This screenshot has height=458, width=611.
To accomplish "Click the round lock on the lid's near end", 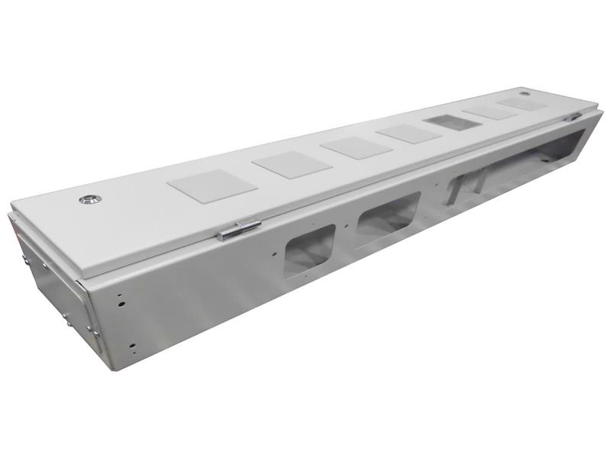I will coord(89,199).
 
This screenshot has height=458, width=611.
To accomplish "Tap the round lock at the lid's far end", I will coord(525,94).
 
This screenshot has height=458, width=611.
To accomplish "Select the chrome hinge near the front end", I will coord(238,230).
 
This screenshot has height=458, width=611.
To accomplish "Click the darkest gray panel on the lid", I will coord(453,122).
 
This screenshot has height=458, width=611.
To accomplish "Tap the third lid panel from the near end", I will coord(356,147).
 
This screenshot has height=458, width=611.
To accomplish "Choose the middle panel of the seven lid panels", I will coord(409,134).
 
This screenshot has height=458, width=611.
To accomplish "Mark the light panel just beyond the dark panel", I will coord(490,111).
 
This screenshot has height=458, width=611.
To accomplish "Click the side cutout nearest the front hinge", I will coord(309,250).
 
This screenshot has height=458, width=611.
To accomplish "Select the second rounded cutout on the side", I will coord(388,215).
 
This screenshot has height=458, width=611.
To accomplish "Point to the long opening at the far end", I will coord(519,160).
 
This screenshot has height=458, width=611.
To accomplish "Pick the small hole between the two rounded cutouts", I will coord(348,226).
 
